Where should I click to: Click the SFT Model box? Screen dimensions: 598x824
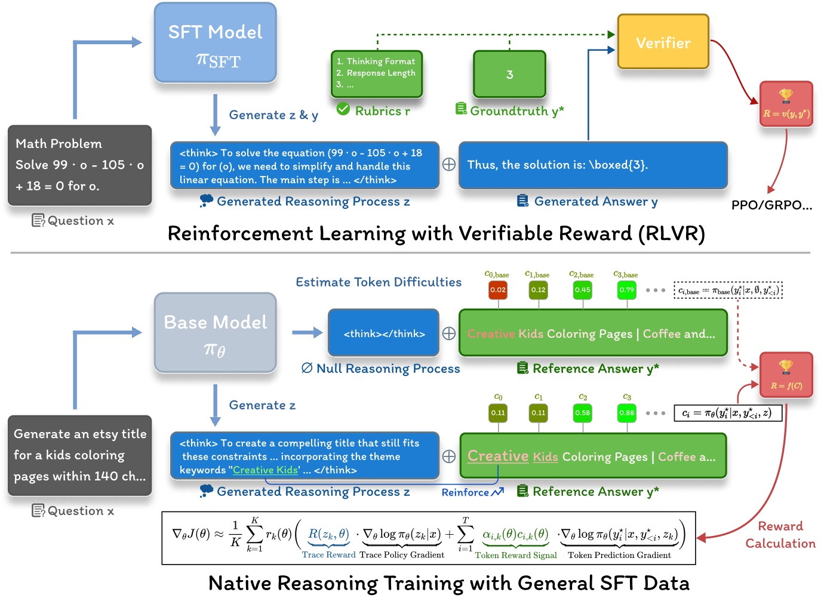[x=215, y=43]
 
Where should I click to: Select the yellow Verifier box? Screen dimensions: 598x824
[x=663, y=42]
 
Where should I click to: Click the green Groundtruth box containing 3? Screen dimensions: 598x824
[x=509, y=75]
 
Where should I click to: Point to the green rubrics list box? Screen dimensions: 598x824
[x=377, y=73]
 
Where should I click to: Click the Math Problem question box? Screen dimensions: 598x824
[x=79, y=165]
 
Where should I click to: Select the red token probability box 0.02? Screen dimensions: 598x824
[x=498, y=290]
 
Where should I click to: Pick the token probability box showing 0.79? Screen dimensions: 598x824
[x=626, y=290]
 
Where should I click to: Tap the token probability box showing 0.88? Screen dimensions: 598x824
[x=626, y=413]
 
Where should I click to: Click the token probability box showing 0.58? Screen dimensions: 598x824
[x=582, y=413]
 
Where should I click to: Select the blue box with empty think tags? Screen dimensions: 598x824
[x=384, y=334]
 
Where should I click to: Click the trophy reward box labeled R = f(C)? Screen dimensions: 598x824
[x=786, y=375]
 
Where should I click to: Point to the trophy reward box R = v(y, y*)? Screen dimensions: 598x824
[x=786, y=104]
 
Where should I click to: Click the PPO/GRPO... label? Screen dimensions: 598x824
[x=771, y=205]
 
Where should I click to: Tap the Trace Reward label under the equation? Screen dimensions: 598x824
[x=328, y=555]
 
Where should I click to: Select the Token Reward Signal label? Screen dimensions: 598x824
[x=516, y=555]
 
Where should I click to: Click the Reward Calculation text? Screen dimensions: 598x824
[x=780, y=535]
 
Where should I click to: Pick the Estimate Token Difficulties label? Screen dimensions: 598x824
[x=379, y=282]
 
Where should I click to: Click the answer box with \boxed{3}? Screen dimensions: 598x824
[x=593, y=165]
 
